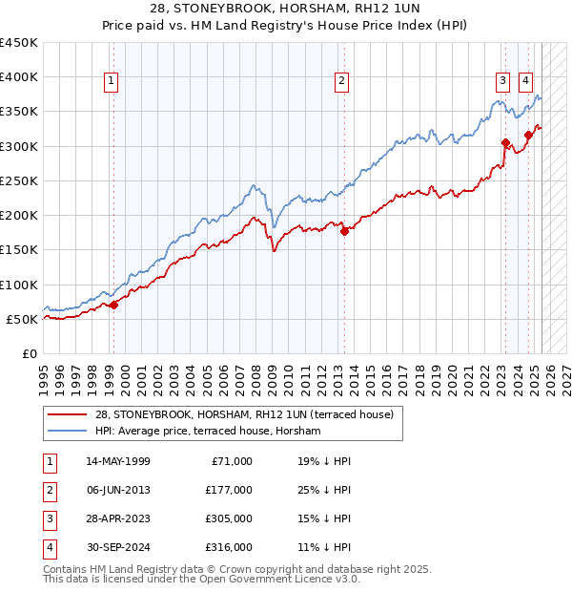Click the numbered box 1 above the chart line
pyautogui.click(x=112, y=82)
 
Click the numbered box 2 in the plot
pyautogui.click(x=341, y=82)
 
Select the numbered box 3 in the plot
pyautogui.click(x=501, y=82)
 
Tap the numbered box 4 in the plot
pyautogui.click(x=525, y=82)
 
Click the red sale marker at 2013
pyautogui.click(x=345, y=231)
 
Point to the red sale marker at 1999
pyautogui.click(x=113, y=305)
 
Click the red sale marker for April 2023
pyautogui.click(x=505, y=143)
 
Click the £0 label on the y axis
pyautogui.click(x=29, y=353)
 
